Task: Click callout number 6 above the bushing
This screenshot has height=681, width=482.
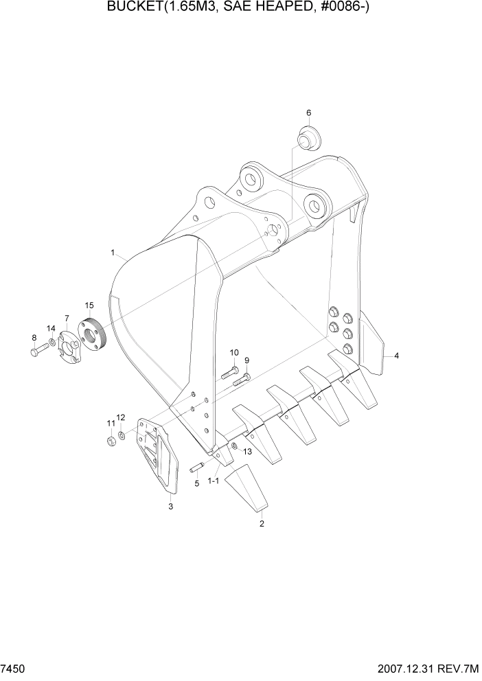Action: (x=308, y=113)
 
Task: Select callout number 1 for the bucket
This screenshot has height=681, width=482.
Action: (x=113, y=253)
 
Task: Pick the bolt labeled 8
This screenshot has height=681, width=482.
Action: (x=38, y=351)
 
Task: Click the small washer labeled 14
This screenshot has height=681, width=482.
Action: (x=52, y=342)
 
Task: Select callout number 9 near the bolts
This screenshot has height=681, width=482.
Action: (x=246, y=361)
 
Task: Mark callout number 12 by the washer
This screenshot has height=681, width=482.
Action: (x=121, y=417)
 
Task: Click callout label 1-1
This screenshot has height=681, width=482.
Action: (x=213, y=481)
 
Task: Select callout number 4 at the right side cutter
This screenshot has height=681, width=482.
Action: (x=396, y=356)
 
